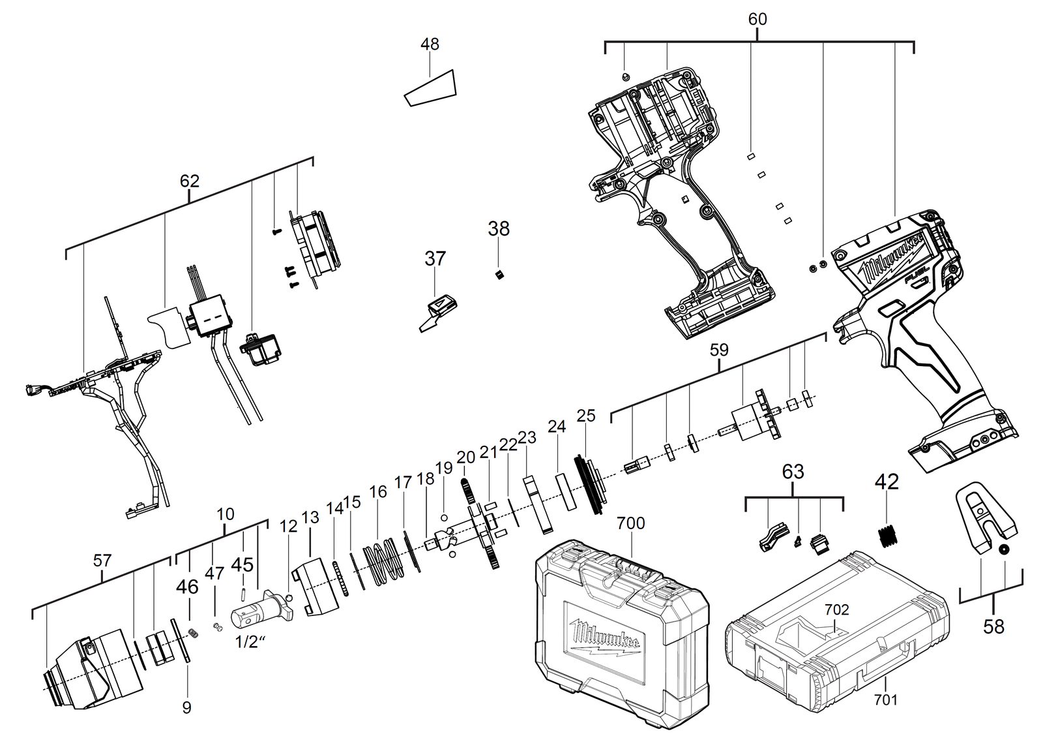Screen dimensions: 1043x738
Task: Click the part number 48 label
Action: (430, 44)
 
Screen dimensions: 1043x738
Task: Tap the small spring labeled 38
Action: (499, 275)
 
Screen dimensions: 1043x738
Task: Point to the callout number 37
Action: (435, 258)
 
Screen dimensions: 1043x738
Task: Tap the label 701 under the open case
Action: (886, 700)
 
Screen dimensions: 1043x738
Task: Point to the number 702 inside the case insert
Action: (837, 609)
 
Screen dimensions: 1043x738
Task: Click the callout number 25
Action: (586, 416)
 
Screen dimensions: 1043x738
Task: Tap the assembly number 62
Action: (190, 181)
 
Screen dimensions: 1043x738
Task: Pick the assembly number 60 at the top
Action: (757, 19)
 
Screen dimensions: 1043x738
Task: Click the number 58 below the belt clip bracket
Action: (993, 627)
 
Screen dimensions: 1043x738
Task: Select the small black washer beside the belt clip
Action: (1004, 550)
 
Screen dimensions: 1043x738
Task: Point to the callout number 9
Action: (186, 708)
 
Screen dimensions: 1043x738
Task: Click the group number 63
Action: (793, 472)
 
